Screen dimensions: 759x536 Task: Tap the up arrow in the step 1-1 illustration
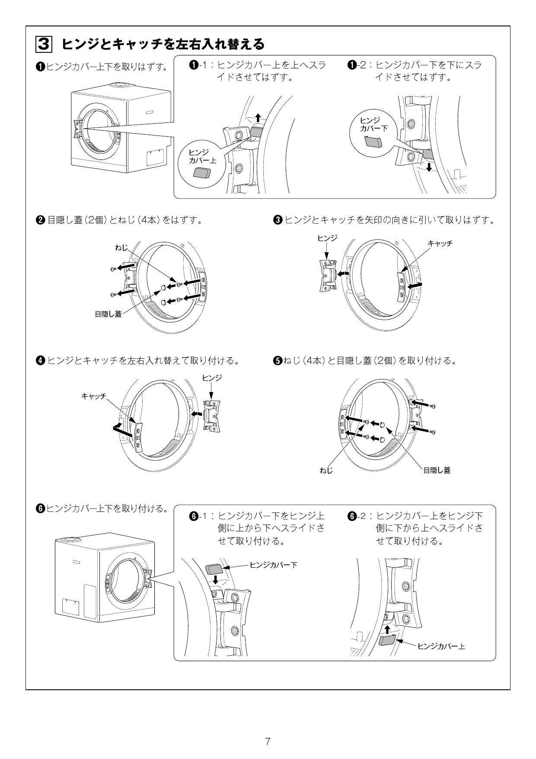(x=258, y=117)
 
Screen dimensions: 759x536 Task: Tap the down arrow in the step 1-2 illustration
(x=428, y=167)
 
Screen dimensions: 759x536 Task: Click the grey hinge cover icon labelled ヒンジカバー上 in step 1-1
(x=201, y=173)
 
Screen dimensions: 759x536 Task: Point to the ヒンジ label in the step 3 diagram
(x=327, y=238)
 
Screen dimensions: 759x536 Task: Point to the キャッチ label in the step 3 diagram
(x=440, y=244)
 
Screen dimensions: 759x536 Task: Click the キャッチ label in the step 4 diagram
(x=94, y=396)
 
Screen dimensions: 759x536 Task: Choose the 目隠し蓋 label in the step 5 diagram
(x=437, y=470)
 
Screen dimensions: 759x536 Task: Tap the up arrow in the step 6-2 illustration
(x=387, y=629)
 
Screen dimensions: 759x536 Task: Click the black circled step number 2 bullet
(x=40, y=220)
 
